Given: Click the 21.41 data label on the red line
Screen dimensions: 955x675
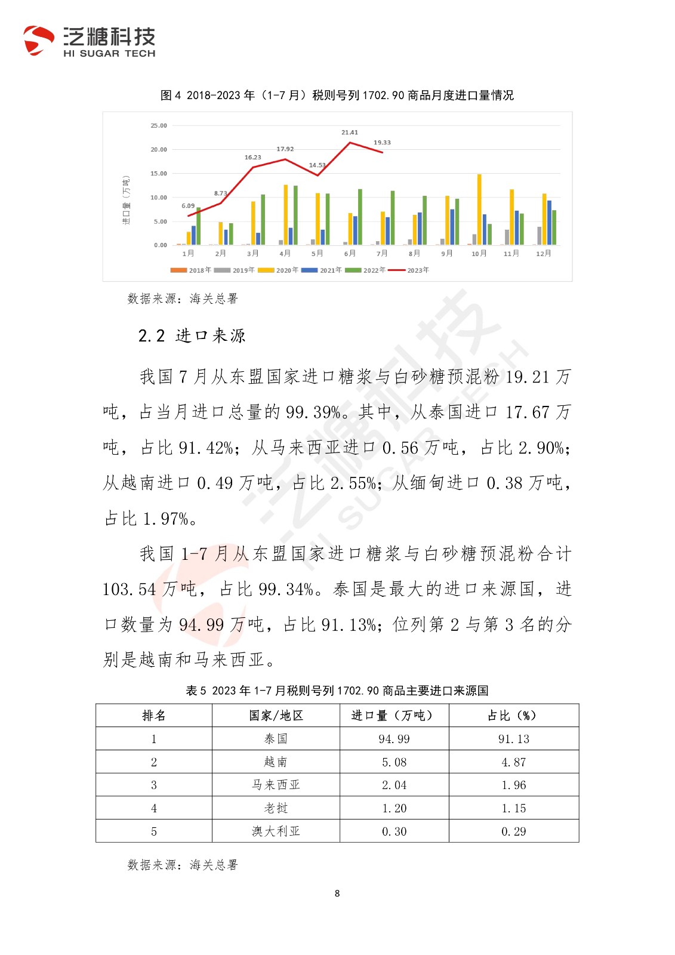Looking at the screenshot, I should click(x=349, y=133).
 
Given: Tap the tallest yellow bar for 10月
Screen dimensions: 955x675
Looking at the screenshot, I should click(x=479, y=209).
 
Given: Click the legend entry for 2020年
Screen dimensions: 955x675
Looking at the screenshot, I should click(x=278, y=270).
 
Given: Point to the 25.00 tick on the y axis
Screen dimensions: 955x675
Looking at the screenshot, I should click(x=159, y=126).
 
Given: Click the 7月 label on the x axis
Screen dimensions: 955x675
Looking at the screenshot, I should click(x=382, y=254).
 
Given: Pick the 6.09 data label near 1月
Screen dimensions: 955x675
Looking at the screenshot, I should click(x=188, y=206).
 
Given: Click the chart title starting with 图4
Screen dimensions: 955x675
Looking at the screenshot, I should click(x=337, y=95).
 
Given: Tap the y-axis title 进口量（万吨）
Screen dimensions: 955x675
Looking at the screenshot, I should click(x=126, y=200).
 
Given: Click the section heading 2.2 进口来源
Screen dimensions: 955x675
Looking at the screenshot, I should click(x=192, y=336).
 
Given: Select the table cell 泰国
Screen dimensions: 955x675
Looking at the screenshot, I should click(x=276, y=739).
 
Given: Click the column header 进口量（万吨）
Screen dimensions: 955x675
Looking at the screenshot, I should click(x=394, y=715).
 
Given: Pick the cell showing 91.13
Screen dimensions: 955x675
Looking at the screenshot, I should click(x=513, y=739).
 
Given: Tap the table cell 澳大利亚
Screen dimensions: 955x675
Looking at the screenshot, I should click(x=276, y=831).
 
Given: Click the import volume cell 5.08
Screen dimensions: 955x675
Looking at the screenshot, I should click(x=394, y=762).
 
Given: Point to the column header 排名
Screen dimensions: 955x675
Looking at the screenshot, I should click(x=154, y=715).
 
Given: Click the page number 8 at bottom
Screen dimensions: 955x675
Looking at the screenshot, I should click(x=337, y=894).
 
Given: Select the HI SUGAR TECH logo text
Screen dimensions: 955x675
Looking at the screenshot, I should click(x=109, y=54).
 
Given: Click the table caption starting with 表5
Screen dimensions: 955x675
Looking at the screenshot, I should click(x=337, y=691).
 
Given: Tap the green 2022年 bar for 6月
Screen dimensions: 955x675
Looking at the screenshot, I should click(x=360, y=217).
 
